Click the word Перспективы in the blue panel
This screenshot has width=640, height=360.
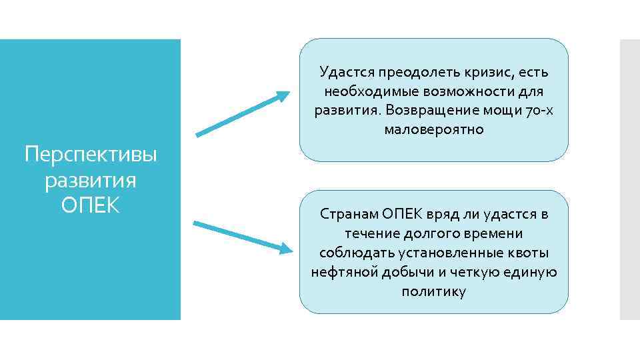click(91, 156)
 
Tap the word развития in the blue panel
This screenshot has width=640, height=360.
click(91, 180)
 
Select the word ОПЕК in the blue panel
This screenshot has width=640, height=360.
click(91, 205)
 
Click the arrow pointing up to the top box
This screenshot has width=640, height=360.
click(243, 114)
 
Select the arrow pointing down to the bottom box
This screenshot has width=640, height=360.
click(243, 237)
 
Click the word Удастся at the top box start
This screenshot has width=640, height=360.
click(346, 71)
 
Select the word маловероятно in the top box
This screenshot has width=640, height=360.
click(434, 129)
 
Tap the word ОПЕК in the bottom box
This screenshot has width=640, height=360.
click(403, 214)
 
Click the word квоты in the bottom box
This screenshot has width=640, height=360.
click(527, 253)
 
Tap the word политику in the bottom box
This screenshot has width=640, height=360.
click(434, 291)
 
